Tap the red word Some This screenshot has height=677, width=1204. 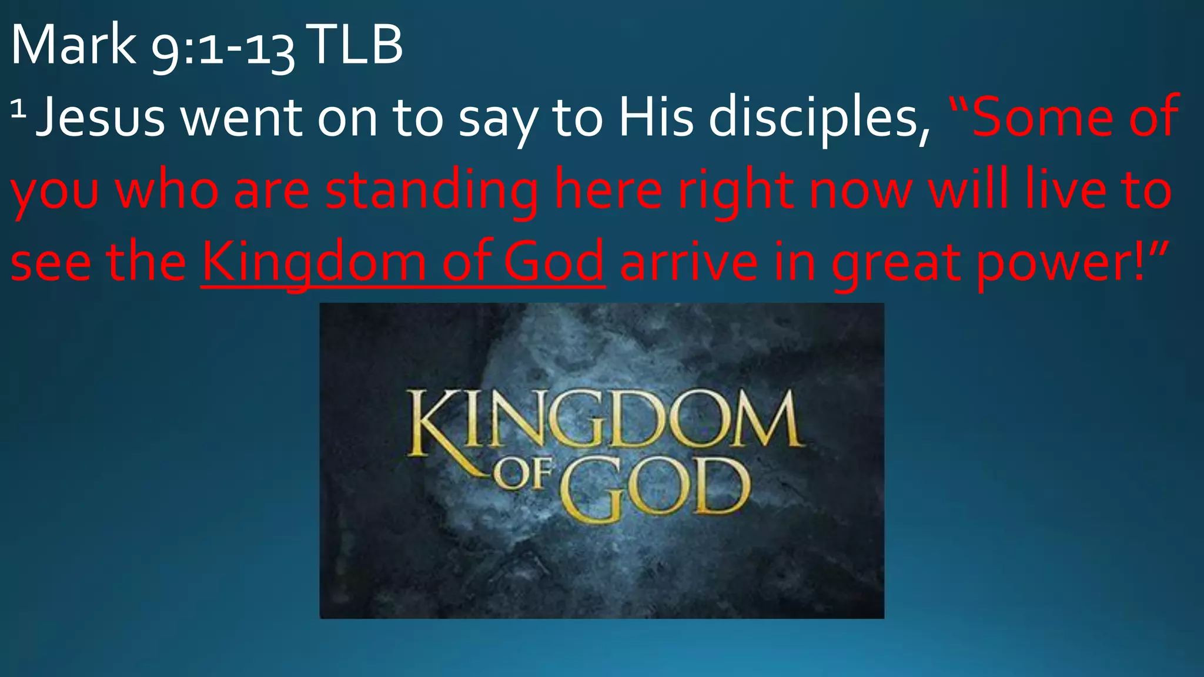pos(1044,118)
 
